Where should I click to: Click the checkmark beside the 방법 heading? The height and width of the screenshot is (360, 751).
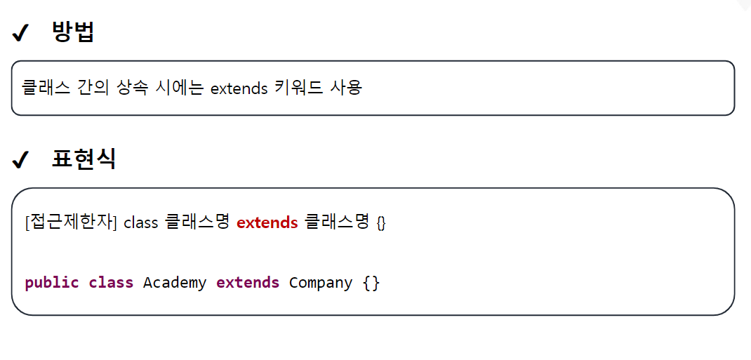(x=20, y=33)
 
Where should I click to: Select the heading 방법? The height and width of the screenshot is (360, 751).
(x=73, y=32)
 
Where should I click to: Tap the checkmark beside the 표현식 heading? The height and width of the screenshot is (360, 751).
(x=20, y=160)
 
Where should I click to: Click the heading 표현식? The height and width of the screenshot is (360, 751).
(x=84, y=159)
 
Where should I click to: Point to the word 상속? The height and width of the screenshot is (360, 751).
(x=126, y=88)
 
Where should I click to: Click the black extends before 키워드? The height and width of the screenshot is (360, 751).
(x=239, y=89)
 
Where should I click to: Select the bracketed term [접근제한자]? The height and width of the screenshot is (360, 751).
(x=70, y=222)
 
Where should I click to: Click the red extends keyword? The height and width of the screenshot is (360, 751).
(x=267, y=223)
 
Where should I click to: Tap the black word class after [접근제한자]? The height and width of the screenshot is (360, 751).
(x=141, y=223)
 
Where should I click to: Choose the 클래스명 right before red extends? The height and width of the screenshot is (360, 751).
(x=197, y=222)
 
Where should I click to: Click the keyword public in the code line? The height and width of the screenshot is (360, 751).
(x=52, y=283)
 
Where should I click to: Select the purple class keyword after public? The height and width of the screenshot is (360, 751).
(x=111, y=283)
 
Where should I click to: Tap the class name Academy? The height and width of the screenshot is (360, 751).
(x=175, y=283)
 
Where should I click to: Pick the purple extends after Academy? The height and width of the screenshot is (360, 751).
(x=248, y=283)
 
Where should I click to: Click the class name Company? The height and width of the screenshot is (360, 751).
(x=321, y=283)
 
